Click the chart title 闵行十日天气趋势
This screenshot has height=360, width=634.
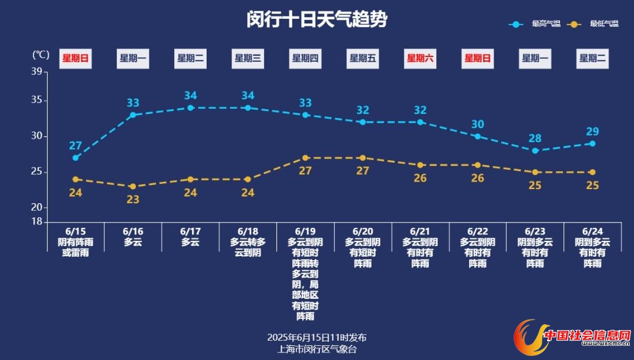click(x=317, y=19)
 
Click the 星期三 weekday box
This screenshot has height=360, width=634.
click(x=248, y=58)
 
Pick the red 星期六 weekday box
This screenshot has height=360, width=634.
click(x=420, y=58)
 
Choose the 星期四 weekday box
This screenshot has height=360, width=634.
click(x=305, y=58)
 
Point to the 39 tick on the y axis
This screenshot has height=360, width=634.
click(x=36, y=72)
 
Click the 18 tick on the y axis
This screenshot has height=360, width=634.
click(x=36, y=221)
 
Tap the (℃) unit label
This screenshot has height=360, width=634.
click(x=41, y=55)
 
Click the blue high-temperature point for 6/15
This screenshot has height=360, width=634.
click(x=76, y=158)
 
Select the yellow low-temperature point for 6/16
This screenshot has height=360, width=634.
click(x=133, y=186)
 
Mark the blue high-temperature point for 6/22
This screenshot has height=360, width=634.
click(x=478, y=136)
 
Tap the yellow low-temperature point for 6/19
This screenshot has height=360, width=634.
click(x=305, y=158)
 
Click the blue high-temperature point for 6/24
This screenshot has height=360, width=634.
click(x=593, y=143)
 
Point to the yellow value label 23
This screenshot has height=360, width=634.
click(x=133, y=199)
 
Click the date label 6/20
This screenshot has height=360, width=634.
click(x=363, y=231)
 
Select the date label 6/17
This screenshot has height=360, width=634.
click(x=190, y=231)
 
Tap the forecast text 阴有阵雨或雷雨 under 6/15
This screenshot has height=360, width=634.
click(x=75, y=247)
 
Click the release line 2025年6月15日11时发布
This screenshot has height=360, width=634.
click(x=317, y=338)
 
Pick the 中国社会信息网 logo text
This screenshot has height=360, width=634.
click(x=587, y=335)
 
